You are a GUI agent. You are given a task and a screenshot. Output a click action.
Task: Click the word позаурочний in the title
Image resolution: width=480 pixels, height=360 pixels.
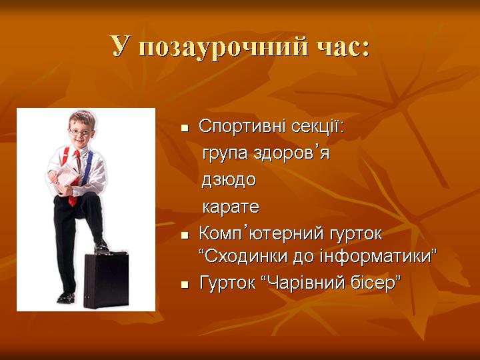[223, 48]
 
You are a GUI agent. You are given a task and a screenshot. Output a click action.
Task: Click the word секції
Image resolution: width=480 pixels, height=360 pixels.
[317, 126]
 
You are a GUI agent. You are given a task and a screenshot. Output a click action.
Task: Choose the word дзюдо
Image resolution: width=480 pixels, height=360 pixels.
[229, 180]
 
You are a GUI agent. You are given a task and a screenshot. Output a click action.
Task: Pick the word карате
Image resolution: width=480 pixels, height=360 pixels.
[231, 207]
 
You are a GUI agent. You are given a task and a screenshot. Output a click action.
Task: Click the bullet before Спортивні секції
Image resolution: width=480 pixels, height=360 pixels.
[185, 128]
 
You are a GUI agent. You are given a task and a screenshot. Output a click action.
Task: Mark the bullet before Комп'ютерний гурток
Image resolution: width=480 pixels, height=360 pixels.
[185, 235]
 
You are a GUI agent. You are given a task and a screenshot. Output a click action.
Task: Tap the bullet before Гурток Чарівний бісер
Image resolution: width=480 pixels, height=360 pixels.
[185, 285]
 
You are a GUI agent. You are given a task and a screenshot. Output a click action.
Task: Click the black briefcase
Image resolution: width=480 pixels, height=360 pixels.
[106, 279]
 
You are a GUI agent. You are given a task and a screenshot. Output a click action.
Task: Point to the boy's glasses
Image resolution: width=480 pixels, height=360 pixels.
[80, 133]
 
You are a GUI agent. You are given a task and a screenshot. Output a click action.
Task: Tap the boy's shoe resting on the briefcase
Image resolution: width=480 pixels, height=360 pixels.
[101, 247]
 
